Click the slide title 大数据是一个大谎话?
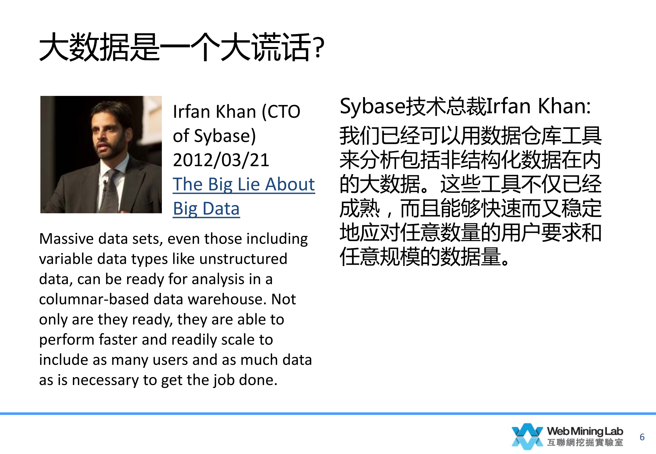tap(182, 47)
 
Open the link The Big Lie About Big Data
tap(244, 196)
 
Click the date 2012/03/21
tap(221, 160)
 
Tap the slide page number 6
tap(642, 437)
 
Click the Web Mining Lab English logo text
tap(585, 431)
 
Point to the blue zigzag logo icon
tap(527, 436)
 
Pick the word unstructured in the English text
tap(243, 259)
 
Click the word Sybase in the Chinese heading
tap(372, 107)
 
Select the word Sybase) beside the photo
tap(225, 136)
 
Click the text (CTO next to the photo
tap(281, 112)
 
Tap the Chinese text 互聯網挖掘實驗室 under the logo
tap(585, 442)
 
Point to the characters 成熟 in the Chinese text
tap(360, 208)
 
